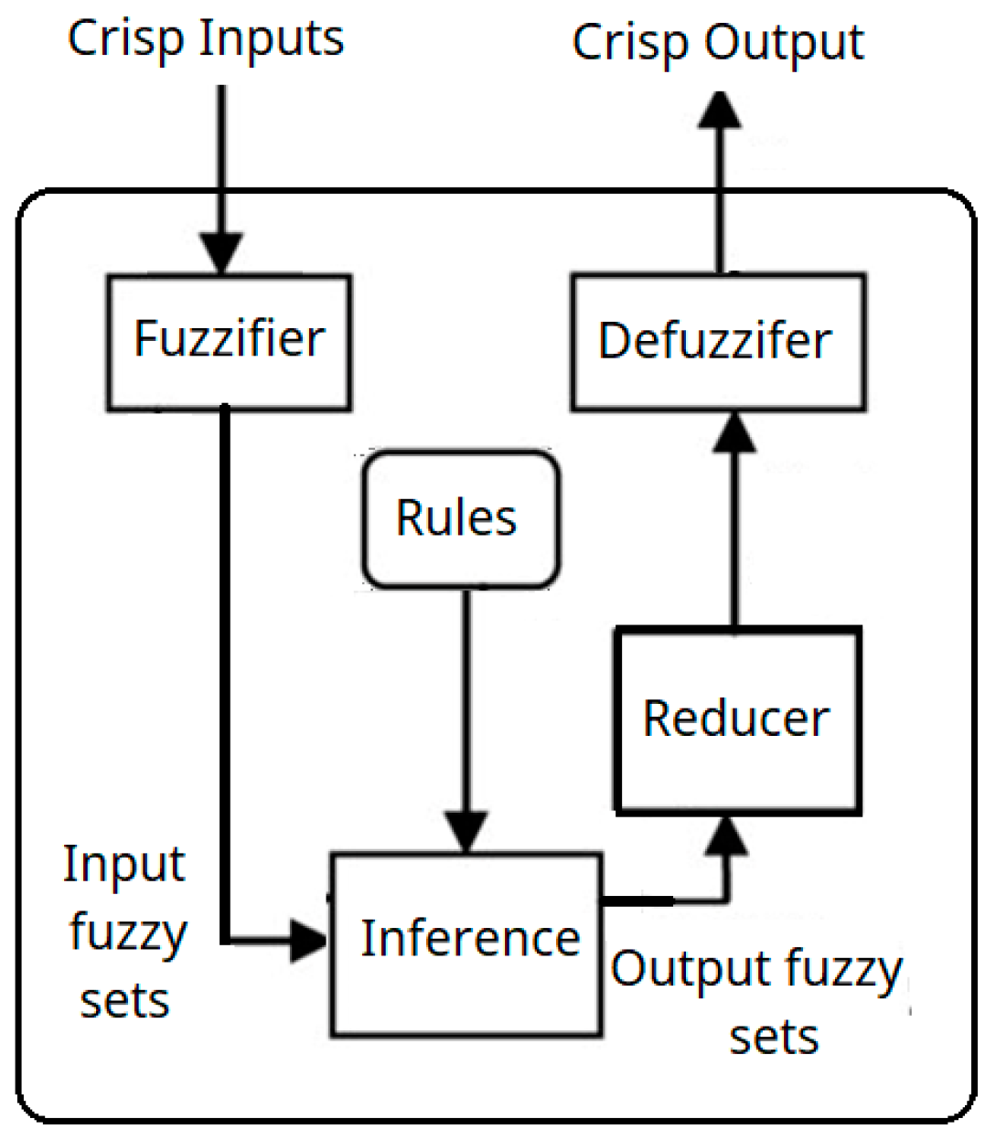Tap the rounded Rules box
click(x=460, y=518)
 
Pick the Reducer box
click(x=737, y=719)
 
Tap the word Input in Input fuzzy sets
click(x=124, y=865)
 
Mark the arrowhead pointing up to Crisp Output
click(x=721, y=111)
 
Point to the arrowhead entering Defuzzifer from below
click(x=734, y=431)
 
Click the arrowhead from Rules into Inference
click(x=466, y=831)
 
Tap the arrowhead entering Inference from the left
click(x=307, y=940)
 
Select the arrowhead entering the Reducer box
click(x=728, y=836)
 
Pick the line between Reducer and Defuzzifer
click(x=734, y=539)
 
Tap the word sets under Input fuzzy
click(x=124, y=1001)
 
